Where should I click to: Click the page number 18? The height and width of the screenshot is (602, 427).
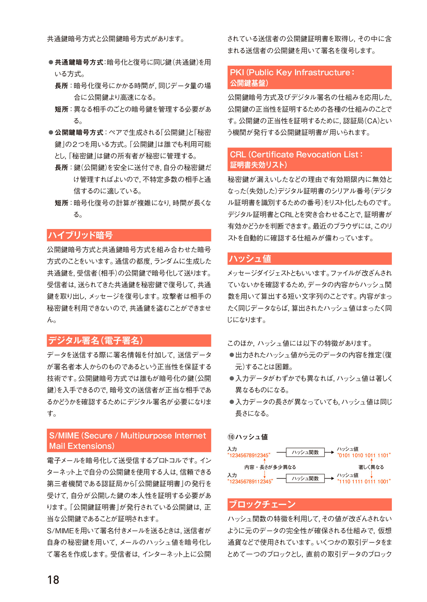click(53, 579)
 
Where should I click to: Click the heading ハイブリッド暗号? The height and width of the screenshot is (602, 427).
click(80, 235)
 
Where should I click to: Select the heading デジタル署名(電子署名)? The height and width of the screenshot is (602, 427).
click(96, 340)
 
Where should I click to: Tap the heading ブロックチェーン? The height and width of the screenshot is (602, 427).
click(262, 504)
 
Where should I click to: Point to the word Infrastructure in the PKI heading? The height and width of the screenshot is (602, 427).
click(322, 72)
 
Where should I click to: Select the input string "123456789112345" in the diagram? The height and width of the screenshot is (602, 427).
click(250, 481)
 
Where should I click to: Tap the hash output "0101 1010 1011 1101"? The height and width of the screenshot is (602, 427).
click(364, 455)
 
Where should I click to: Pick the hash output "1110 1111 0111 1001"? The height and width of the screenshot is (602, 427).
click(364, 481)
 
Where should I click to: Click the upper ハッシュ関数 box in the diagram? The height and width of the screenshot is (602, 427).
click(305, 452)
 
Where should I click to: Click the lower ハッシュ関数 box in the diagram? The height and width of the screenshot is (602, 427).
click(305, 478)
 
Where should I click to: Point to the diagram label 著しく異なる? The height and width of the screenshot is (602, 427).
click(371, 467)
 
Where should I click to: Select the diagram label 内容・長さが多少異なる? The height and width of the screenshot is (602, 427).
click(270, 467)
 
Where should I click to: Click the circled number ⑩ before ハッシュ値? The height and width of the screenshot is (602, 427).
click(231, 437)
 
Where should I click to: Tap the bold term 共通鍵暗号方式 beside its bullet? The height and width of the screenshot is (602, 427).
click(79, 62)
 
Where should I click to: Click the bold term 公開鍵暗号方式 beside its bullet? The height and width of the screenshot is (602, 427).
click(79, 132)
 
